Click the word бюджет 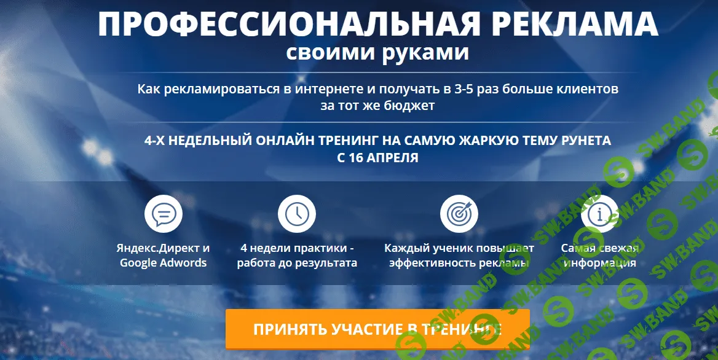coord(407,105)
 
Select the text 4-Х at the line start coord(154,141)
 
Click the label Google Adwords coord(164,263)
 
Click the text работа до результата coord(297,263)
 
